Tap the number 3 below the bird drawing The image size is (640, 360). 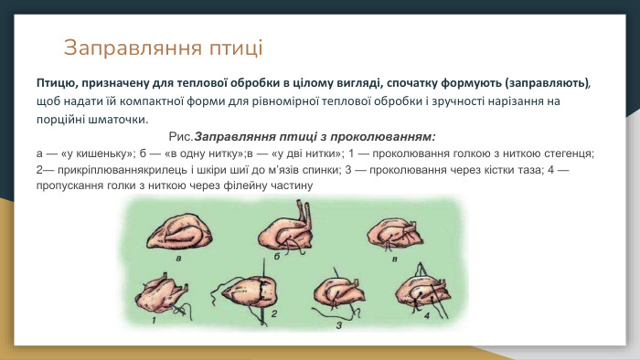click(x=339, y=323)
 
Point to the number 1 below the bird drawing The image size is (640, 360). click(x=154, y=321)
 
